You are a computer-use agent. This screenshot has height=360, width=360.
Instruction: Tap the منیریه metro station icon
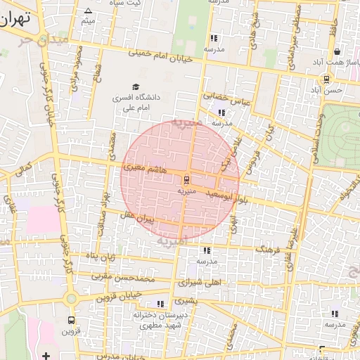(x=186, y=178)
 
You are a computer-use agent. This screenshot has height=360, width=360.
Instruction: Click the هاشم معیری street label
(x=144, y=167)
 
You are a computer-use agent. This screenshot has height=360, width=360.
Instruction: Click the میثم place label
(x=87, y=21)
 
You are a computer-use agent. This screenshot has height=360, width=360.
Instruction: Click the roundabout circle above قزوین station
(x=70, y=298)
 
